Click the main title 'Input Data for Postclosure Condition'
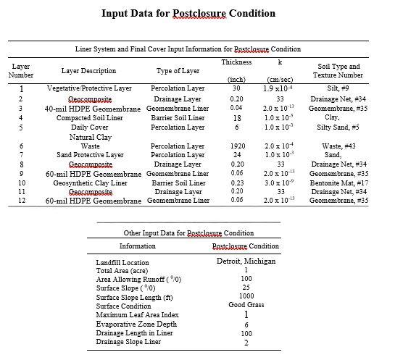click(x=198, y=13)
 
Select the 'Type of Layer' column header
click(x=178, y=71)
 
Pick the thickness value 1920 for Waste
click(x=237, y=146)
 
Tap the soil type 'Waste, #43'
click(x=338, y=146)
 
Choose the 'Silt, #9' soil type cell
click(x=338, y=88)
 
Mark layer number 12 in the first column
click(x=22, y=201)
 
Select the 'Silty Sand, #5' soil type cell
click(x=338, y=127)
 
